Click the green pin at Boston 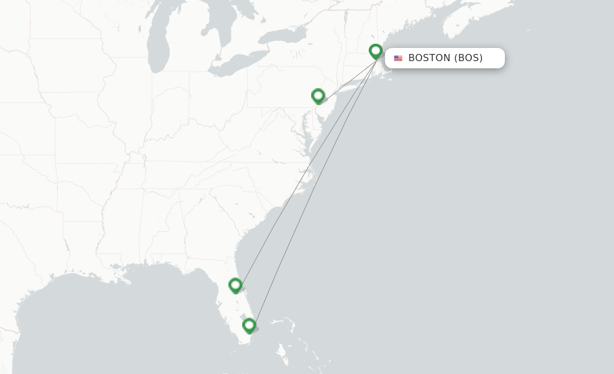click(x=376, y=52)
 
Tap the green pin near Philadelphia click(x=318, y=96)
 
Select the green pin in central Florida click(x=236, y=285)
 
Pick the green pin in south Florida click(x=249, y=325)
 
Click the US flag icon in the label click(x=398, y=58)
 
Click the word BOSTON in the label click(x=429, y=58)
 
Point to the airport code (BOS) click(x=468, y=58)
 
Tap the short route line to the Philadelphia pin click(x=348, y=79)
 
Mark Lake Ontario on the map click(x=282, y=37)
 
